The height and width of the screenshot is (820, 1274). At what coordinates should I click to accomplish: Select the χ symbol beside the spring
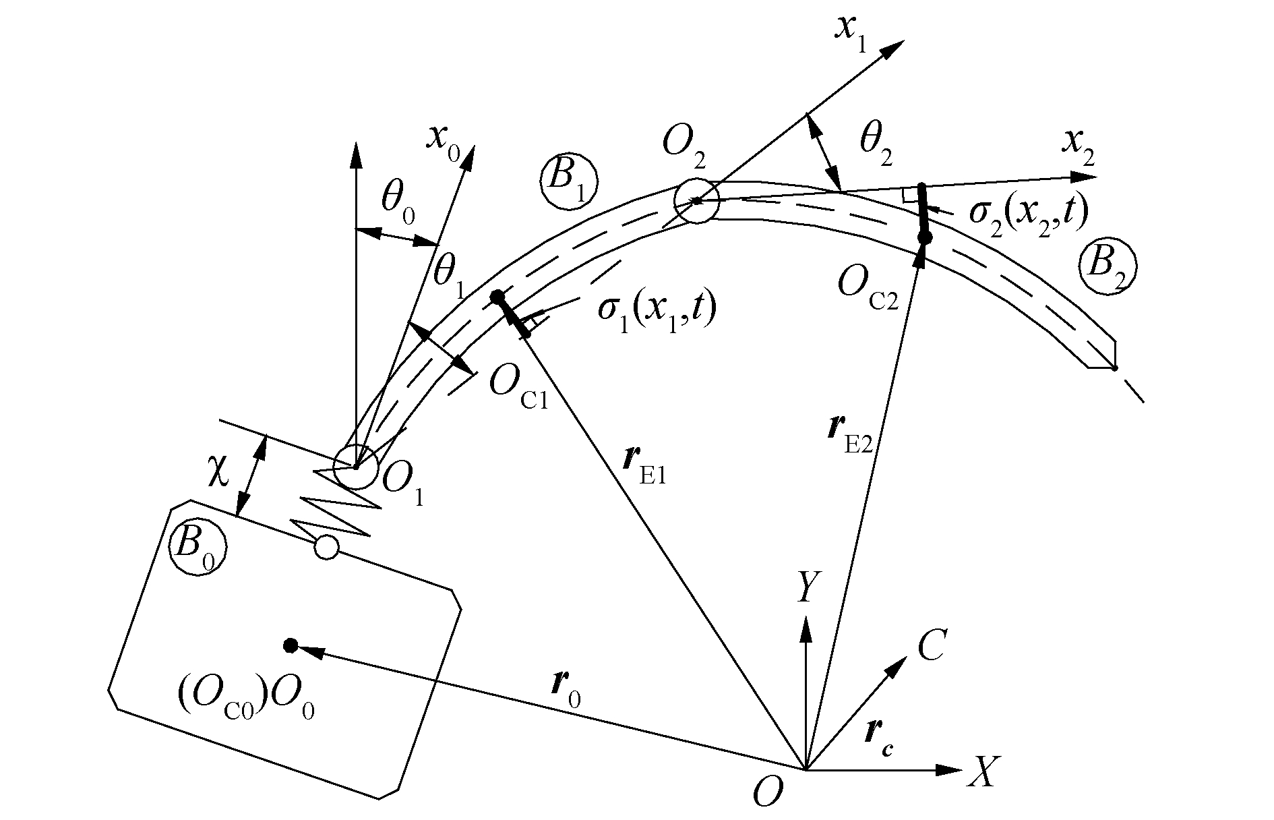[218, 472]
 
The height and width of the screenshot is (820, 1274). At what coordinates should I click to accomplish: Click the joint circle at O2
[698, 201]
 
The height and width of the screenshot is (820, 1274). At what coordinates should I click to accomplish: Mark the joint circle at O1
[355, 467]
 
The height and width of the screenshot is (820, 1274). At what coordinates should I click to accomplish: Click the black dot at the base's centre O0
[291, 645]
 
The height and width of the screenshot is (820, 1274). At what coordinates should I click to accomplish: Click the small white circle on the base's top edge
[326, 547]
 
